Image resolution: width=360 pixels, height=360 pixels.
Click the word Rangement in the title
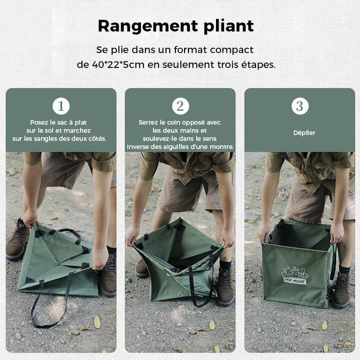coord(148,26)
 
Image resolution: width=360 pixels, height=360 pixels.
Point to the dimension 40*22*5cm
coord(118,64)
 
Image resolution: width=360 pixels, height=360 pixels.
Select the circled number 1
coord(61,106)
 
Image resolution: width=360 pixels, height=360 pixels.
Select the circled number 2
coord(180,106)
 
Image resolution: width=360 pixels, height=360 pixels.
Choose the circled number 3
coord(300,106)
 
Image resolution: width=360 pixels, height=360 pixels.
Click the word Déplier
coord(304,132)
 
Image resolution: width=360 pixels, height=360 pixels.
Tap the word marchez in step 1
coord(77,130)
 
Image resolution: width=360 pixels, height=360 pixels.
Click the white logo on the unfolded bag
coord(295,275)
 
